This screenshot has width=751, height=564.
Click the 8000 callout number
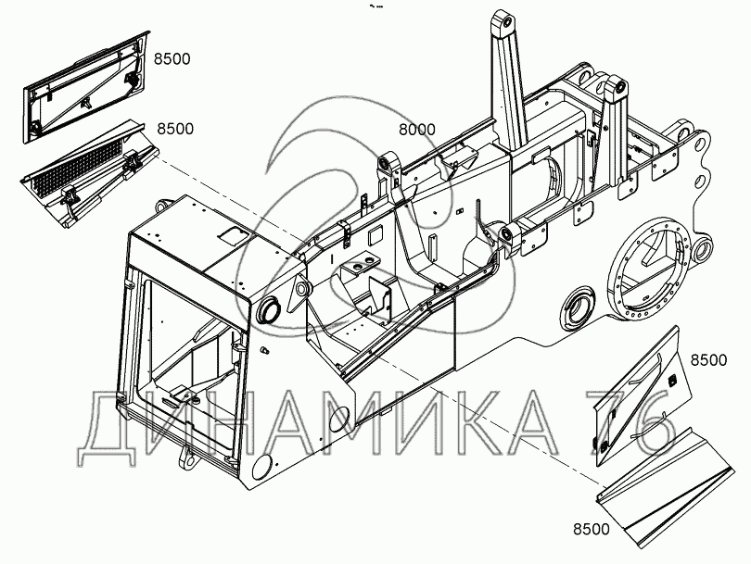(416, 130)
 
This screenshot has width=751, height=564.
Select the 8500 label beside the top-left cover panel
(172, 59)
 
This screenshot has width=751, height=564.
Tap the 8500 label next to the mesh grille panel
(175, 129)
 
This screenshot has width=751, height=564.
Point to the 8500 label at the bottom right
(591, 530)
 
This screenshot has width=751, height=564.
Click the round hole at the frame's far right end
(701, 249)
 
